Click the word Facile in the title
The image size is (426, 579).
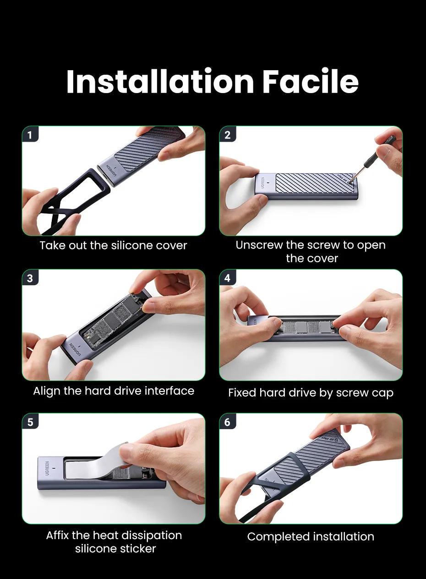click(x=310, y=81)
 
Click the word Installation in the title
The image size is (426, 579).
click(x=160, y=81)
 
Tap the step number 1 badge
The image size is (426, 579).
click(x=30, y=134)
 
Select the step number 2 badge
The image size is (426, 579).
click(x=227, y=134)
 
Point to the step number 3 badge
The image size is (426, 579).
click(x=30, y=278)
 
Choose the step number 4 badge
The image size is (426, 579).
click(x=227, y=278)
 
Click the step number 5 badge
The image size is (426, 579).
click(x=30, y=422)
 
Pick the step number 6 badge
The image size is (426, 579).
click(x=227, y=422)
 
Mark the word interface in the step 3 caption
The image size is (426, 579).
click(x=169, y=391)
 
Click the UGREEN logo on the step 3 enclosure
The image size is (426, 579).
click(x=75, y=349)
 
